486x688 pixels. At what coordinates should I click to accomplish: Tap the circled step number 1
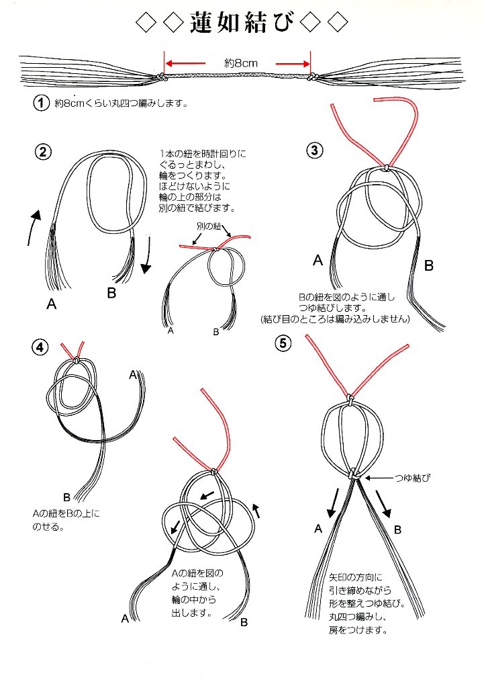point(41,103)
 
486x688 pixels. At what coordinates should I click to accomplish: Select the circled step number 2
point(42,151)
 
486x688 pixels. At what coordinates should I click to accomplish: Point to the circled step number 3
point(315,150)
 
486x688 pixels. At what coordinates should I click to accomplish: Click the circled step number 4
point(41,347)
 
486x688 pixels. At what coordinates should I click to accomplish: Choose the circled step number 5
point(284,343)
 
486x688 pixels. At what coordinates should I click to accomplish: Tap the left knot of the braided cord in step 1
point(162,79)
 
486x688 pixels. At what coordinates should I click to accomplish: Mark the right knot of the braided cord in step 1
point(313,79)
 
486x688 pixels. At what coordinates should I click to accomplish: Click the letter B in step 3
point(428,266)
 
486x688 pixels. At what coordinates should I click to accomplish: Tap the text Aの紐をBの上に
point(66,514)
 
